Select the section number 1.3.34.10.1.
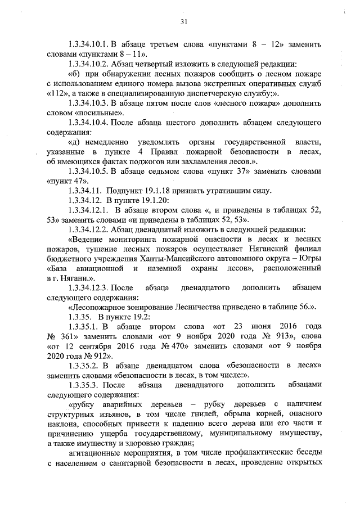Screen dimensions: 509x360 click(x=87, y=44)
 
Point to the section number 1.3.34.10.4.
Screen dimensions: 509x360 click(x=87, y=122)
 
